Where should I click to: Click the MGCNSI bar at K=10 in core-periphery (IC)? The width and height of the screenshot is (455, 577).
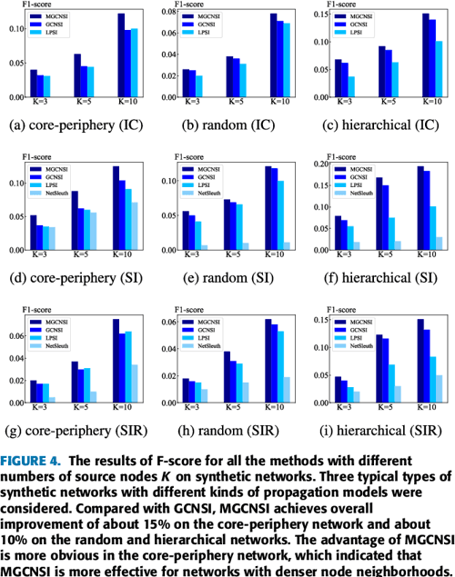click(121, 55)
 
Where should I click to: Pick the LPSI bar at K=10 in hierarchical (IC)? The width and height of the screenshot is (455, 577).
click(414, 69)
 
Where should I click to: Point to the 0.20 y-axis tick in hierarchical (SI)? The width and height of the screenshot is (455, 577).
click(318, 165)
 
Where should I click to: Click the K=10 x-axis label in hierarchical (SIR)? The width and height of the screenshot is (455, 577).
click(407, 410)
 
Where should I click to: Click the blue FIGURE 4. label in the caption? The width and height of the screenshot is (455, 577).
click(32, 461)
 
